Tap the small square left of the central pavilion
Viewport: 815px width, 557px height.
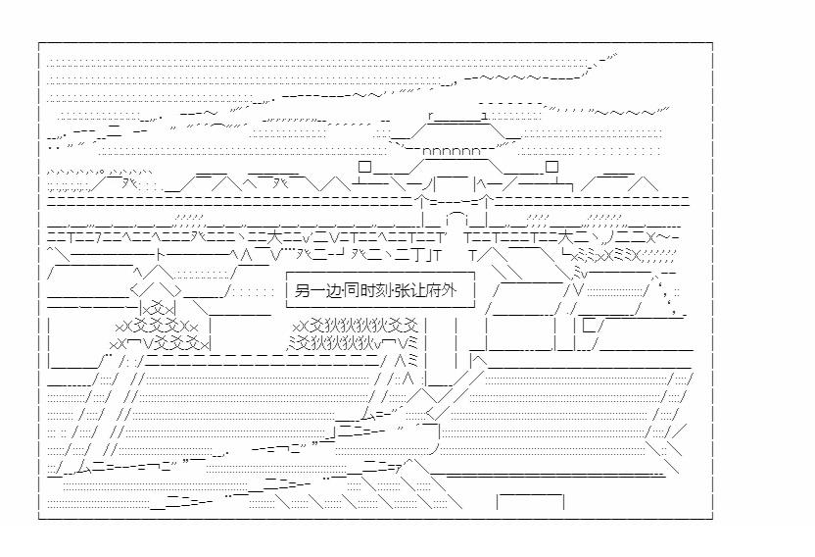364,167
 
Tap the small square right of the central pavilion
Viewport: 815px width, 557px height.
551,167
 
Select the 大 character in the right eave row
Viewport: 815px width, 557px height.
567,235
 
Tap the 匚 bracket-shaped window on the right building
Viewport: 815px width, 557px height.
590,325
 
